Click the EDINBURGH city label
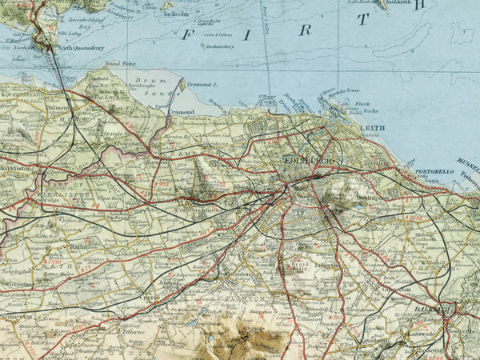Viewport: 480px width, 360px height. pyautogui.click(x=308, y=162)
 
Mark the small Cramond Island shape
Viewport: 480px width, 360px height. pyautogui.click(x=182, y=84)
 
